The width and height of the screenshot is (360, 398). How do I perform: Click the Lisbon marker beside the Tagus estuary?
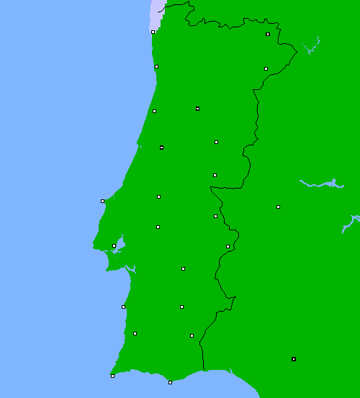[x=114, y=245]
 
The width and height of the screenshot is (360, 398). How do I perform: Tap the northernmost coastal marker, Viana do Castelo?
[x=153, y=32]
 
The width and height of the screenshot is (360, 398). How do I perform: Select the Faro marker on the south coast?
[x=170, y=382]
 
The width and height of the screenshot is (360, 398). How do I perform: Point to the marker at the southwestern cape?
[x=112, y=376]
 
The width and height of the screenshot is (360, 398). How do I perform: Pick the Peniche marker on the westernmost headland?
[x=102, y=201]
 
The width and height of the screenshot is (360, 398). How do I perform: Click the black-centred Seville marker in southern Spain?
[x=293, y=358]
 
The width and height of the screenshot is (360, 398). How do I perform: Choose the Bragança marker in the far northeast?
[x=268, y=34]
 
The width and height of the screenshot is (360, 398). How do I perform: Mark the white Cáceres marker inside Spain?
[x=278, y=207]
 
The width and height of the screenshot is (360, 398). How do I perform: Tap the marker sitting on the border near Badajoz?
[x=228, y=246]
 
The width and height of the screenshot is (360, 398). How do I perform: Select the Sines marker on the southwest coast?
[x=123, y=307]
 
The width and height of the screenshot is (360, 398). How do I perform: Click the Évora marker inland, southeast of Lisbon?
[x=183, y=268]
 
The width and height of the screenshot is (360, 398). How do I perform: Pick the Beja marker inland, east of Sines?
[x=181, y=307]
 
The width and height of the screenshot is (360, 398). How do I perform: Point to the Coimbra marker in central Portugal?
[x=161, y=148]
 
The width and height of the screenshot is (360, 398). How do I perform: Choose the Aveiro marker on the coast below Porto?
[x=154, y=111]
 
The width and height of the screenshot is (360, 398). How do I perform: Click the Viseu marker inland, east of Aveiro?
[x=197, y=109]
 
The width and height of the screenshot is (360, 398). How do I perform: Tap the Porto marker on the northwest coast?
[x=156, y=66]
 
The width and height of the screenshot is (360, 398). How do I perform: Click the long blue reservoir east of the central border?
[x=320, y=184]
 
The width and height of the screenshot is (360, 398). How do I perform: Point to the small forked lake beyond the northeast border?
[x=312, y=48]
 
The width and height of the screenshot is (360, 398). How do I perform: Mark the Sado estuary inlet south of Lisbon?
[x=130, y=269]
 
